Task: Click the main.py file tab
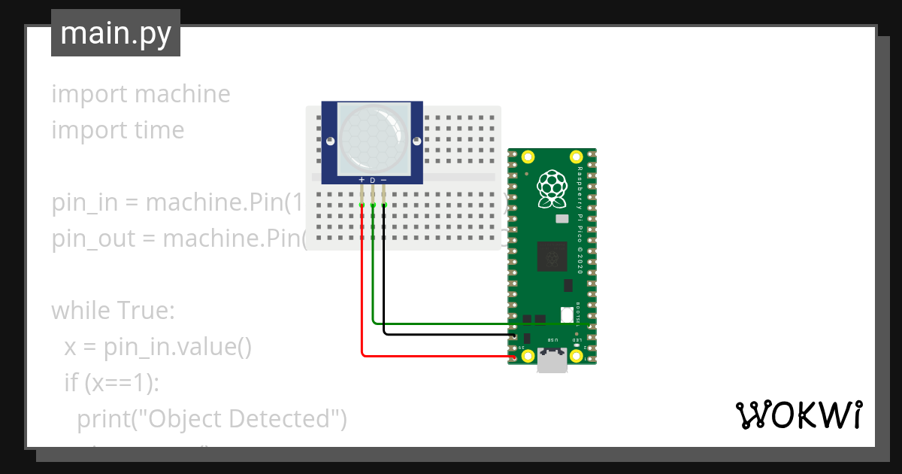tap(115, 33)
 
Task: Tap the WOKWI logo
tap(798, 415)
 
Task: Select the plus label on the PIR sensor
tap(362, 181)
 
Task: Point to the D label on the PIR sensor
tap(373, 181)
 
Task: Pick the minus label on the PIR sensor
tap(384, 181)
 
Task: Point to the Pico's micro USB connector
tap(552, 362)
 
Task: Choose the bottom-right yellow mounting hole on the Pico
tap(577, 356)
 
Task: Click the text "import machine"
tap(141, 94)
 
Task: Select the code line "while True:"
tap(113, 310)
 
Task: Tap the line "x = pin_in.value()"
tap(157, 346)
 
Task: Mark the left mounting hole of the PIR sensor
tap(330, 139)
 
